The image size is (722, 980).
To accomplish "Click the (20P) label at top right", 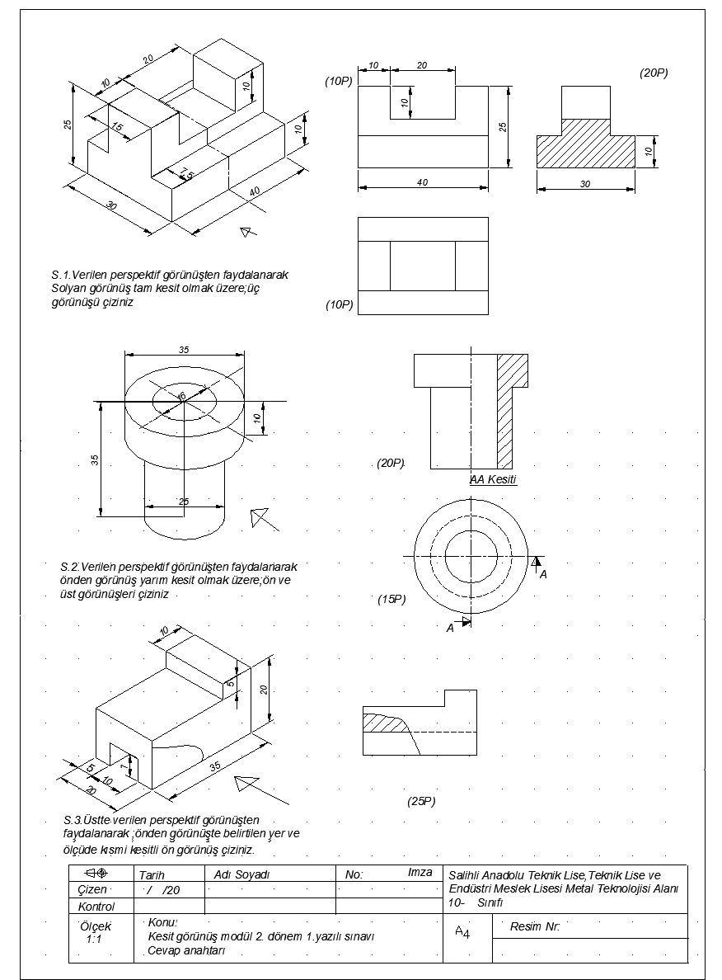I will click(654, 73).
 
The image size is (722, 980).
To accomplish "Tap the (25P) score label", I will click(421, 801).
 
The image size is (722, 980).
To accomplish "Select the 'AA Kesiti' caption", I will click(493, 479).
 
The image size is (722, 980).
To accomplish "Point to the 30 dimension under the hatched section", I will click(585, 184).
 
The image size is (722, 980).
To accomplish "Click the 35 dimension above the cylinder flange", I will click(183, 350).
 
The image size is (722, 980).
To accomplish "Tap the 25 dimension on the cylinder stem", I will click(183, 502).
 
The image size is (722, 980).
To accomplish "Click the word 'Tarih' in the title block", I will click(152, 875).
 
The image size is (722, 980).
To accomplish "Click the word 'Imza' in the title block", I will click(420, 872).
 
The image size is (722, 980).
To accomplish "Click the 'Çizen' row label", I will click(92, 890).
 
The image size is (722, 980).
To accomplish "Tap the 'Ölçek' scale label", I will click(96, 926).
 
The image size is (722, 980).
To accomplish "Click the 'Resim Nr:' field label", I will click(536, 926).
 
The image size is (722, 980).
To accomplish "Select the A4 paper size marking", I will click(462, 932).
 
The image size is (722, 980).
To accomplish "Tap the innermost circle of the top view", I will click(471, 556).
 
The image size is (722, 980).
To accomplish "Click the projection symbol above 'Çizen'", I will click(96, 873).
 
